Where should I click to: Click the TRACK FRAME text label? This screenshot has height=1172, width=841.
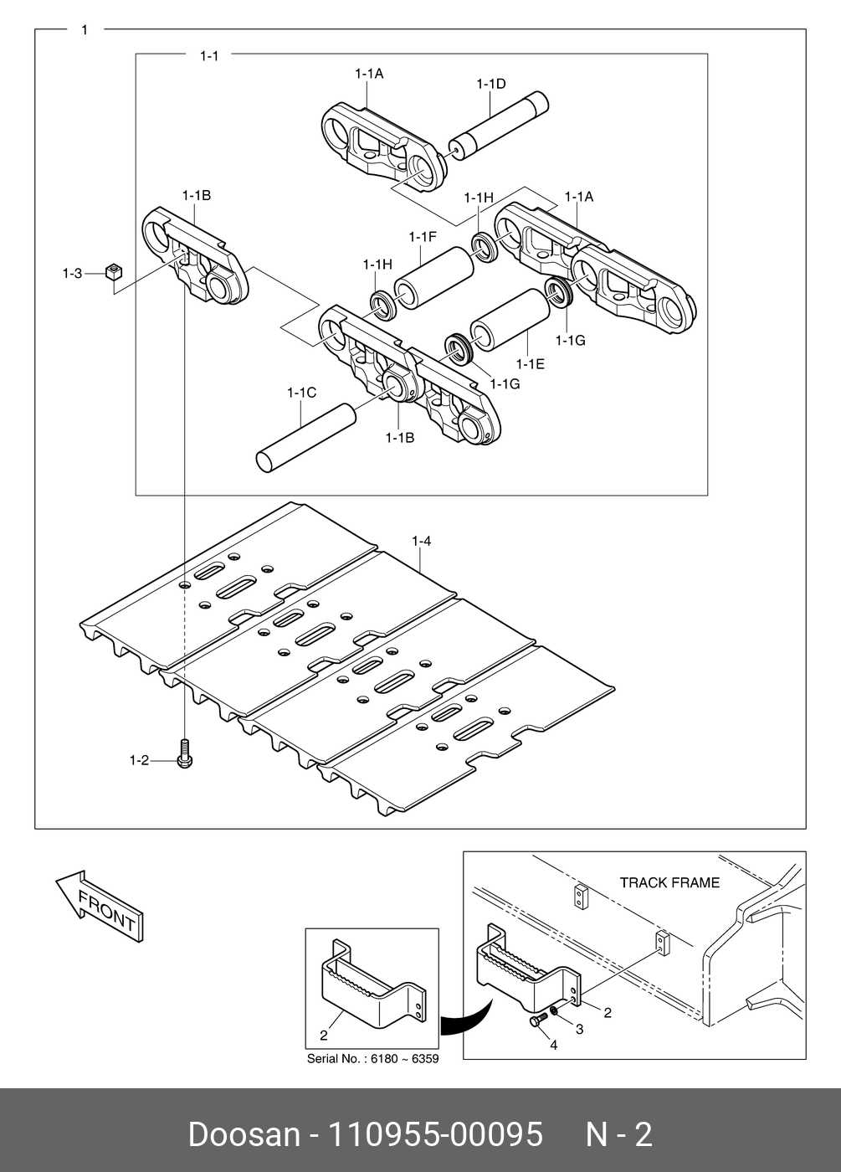tap(669, 882)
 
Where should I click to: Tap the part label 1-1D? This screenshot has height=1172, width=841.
tap(491, 84)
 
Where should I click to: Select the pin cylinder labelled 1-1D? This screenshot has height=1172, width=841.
tap(498, 128)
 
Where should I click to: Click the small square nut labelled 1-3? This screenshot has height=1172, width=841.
tap(114, 271)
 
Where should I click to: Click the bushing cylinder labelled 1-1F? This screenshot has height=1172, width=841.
tap(434, 277)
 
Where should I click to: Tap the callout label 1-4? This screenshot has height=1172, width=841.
tap(421, 542)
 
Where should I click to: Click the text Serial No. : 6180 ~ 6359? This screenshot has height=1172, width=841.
tap(373, 1059)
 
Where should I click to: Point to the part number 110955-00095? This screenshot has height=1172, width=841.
tap(435, 1135)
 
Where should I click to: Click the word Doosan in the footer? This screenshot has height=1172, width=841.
tap(244, 1135)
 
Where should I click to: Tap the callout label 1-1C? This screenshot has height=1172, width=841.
tap(301, 393)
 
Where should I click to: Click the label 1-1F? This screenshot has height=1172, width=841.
tap(423, 237)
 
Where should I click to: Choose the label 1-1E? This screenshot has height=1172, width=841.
tap(531, 363)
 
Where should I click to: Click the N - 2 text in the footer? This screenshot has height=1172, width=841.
tap(618, 1135)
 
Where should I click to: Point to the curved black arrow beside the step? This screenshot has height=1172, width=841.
tap(464, 1018)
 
